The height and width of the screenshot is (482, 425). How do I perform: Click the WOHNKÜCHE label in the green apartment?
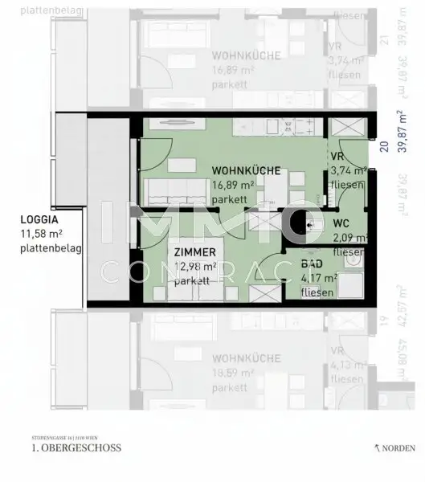tap(246, 170)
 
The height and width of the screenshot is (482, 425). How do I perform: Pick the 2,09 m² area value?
tap(349, 238)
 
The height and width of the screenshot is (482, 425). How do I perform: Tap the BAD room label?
tap(313, 263)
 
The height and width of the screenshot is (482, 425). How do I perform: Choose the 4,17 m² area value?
tap(319, 278)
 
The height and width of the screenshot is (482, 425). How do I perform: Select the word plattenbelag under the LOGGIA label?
tap(51, 248)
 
